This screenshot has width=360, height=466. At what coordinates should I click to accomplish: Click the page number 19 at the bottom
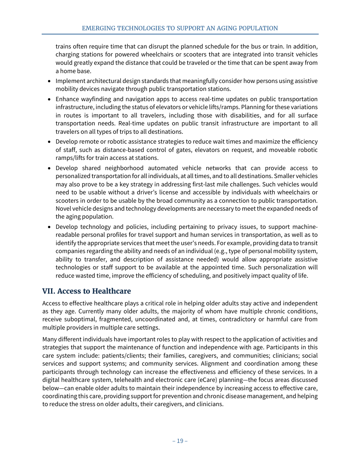[180, 441]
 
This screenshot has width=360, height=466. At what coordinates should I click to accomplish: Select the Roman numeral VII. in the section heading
[49, 291]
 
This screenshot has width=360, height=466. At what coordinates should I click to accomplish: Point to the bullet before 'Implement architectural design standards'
[50, 81]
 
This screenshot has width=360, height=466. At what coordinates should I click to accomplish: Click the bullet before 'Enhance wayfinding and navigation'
[50, 99]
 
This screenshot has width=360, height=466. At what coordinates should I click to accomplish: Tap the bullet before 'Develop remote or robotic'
[50, 142]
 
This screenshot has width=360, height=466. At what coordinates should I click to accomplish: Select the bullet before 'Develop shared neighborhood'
[50, 168]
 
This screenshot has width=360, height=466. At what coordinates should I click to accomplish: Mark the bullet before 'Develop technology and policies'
[50, 227]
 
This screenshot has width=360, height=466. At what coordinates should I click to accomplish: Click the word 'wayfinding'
[96, 99]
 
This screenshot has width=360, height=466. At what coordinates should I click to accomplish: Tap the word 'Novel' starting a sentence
[63, 208]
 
